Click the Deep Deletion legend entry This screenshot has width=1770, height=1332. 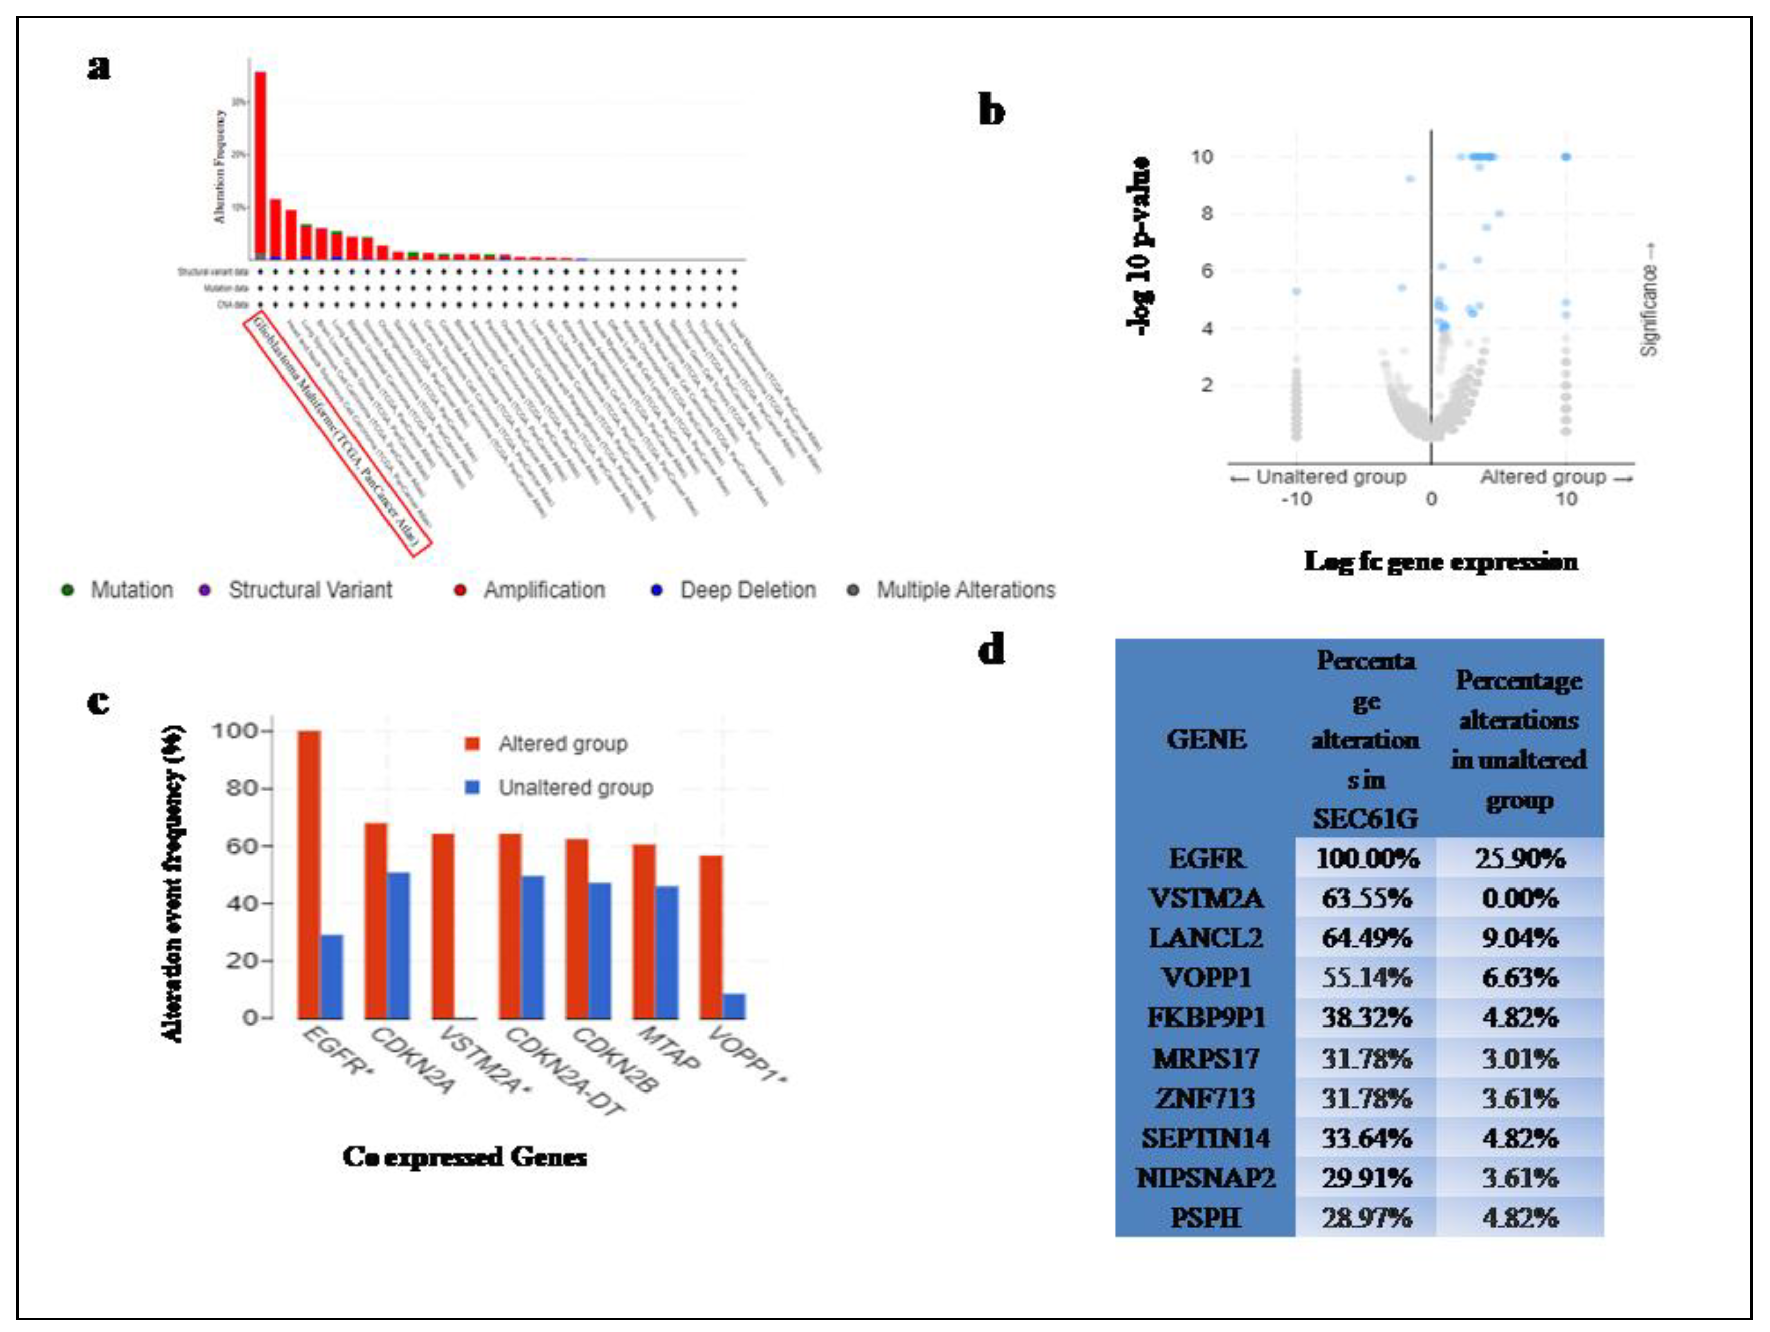(x=747, y=590)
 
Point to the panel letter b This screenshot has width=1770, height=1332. (x=992, y=111)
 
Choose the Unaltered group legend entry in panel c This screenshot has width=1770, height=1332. (x=575, y=788)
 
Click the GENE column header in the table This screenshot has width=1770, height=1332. (x=1206, y=739)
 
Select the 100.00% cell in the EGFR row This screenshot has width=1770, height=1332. (x=1367, y=858)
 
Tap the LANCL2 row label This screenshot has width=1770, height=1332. (x=1206, y=937)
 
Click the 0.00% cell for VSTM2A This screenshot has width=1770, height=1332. (x=1519, y=898)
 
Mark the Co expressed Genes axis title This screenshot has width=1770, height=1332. (x=465, y=1157)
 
